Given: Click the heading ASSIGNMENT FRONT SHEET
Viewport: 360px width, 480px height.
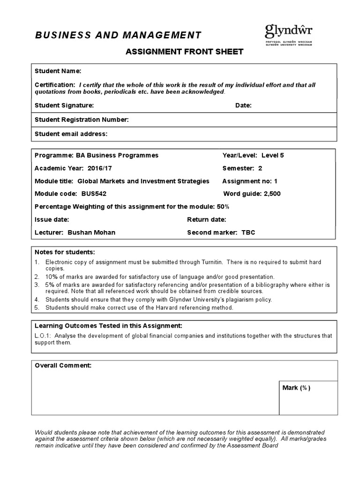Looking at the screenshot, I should point(184,52).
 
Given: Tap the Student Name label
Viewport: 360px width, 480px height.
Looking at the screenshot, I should point(58,71).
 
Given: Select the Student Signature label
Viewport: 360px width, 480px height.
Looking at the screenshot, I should point(64,105).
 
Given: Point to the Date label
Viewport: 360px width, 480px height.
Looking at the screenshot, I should point(243,105).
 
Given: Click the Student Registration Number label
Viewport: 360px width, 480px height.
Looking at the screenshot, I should point(82,120).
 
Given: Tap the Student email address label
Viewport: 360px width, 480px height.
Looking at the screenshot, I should point(71,134).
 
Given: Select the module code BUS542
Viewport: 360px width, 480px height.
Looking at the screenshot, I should point(97,194).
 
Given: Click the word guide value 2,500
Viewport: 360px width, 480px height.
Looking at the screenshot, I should point(271,194).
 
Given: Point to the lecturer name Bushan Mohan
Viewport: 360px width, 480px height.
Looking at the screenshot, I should point(91,232).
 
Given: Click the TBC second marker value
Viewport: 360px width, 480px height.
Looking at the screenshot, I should point(248,232).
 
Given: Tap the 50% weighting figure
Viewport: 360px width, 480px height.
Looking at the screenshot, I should point(223,206).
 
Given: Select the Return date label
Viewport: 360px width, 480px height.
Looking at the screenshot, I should point(206,219).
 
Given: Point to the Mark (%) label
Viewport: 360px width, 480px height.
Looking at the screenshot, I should point(296,388).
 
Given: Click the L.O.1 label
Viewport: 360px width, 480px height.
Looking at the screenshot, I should point(42,336).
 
